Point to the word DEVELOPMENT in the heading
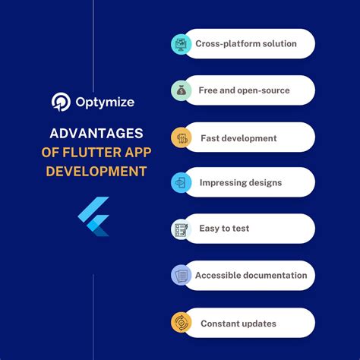(96, 171)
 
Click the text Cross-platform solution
(245, 44)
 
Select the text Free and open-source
(245, 90)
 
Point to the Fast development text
(238, 138)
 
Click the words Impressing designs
(240, 183)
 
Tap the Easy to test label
(225, 229)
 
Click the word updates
(258, 324)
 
